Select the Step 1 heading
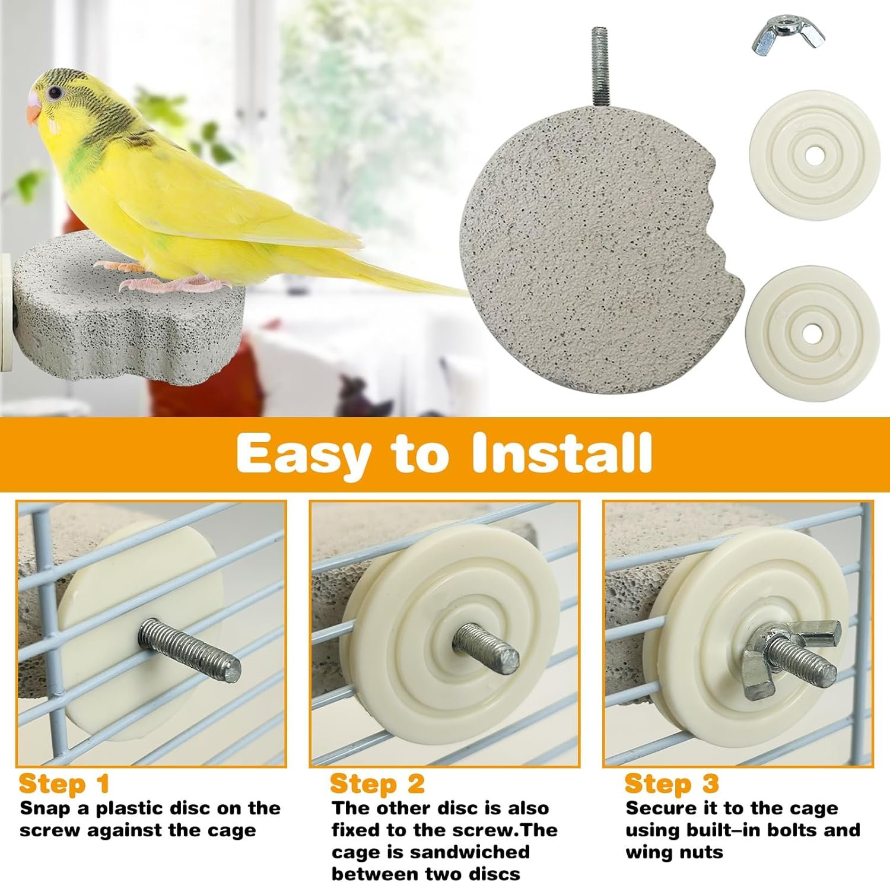65,783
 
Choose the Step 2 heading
377,783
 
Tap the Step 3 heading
672,783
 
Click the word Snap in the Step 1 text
49,809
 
